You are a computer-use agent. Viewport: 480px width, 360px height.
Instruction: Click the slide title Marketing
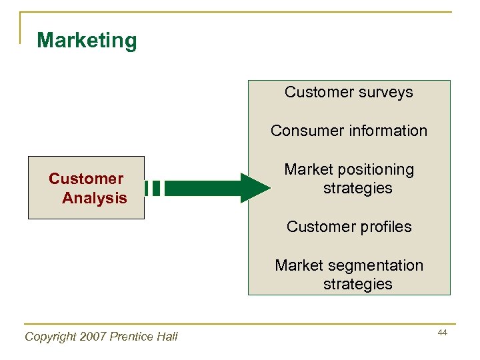tap(87, 41)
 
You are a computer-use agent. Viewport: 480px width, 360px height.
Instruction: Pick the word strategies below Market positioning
tap(357, 189)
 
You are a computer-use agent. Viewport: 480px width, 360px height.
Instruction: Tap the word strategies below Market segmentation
tap(357, 284)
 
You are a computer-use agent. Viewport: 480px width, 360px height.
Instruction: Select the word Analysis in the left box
tap(94, 198)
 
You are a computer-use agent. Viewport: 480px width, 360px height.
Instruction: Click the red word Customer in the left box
tap(86, 179)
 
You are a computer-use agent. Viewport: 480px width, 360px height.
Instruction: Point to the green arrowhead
tap(254, 188)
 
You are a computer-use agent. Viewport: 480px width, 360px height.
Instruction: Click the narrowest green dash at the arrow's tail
tap(147, 188)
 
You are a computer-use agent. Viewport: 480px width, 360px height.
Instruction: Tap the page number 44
tap(443, 332)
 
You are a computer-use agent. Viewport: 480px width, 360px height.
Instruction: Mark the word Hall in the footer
tap(168, 337)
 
